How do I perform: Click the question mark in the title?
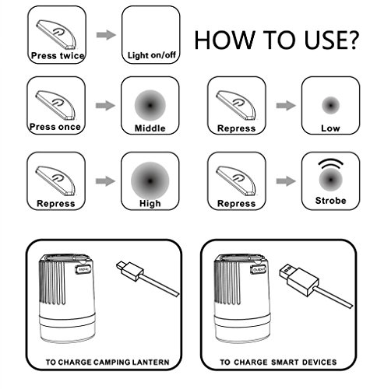pos(351,40)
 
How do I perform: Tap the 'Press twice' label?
pos(58,55)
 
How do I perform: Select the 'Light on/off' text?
pos(152,55)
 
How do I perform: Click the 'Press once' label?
pos(55,127)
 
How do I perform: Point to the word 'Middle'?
pos(150,128)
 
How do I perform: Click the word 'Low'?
pos(330,128)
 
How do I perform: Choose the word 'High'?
pos(150,204)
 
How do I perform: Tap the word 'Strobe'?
pos(331,201)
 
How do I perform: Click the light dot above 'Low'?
pos(330,106)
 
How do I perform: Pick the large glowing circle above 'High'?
pos(150,180)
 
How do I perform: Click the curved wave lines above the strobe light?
pos(331,163)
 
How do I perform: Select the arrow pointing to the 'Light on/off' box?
pos(106,35)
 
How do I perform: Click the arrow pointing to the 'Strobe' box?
pos(286,180)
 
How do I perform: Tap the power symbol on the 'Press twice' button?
pos(58,33)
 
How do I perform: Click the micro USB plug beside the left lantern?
pos(130,271)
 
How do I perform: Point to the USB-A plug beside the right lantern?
pos(298,278)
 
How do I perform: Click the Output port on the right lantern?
pos(259,270)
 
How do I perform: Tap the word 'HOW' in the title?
pos(224,40)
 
